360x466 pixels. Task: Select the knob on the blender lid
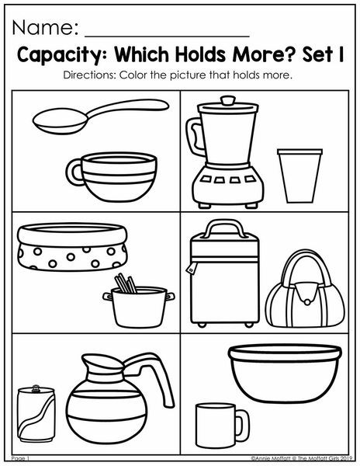click(x=228, y=100)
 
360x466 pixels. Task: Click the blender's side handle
click(x=193, y=136)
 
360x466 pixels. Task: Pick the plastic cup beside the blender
click(x=299, y=176)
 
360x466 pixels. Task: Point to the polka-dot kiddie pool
click(x=72, y=247)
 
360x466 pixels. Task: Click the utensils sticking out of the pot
click(x=125, y=283)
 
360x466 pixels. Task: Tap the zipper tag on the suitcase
click(x=190, y=269)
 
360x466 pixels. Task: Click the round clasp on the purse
click(x=307, y=302)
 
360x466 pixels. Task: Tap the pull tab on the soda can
click(x=36, y=388)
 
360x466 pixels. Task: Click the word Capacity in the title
click(x=59, y=54)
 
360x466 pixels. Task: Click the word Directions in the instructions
click(x=89, y=75)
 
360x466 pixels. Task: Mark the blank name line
click(x=167, y=37)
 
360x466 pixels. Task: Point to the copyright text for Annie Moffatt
click(x=302, y=457)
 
